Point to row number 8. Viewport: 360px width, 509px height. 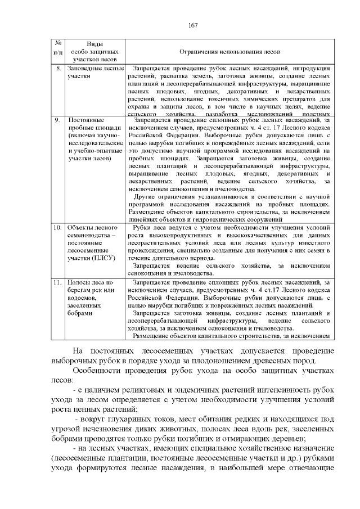point(58,67)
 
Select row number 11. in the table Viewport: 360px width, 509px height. point(58,281)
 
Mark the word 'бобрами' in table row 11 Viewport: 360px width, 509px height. point(80,313)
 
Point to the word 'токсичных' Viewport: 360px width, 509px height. point(222,98)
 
